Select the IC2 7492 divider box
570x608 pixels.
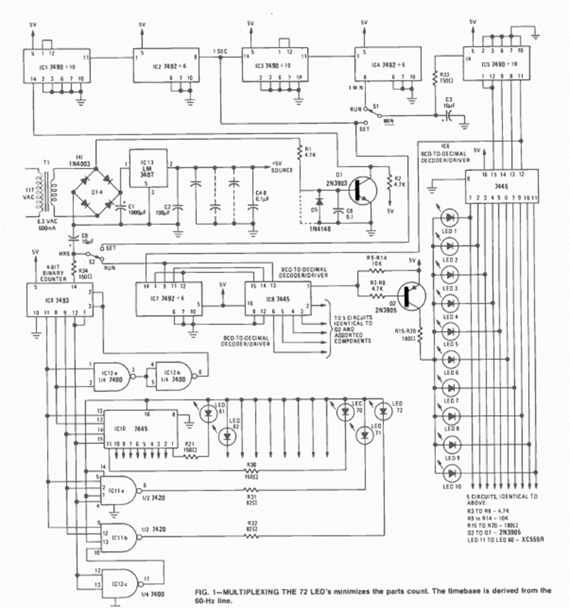coord(164,66)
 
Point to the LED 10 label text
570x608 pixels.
coord(450,486)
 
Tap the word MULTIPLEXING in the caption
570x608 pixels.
coord(245,589)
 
